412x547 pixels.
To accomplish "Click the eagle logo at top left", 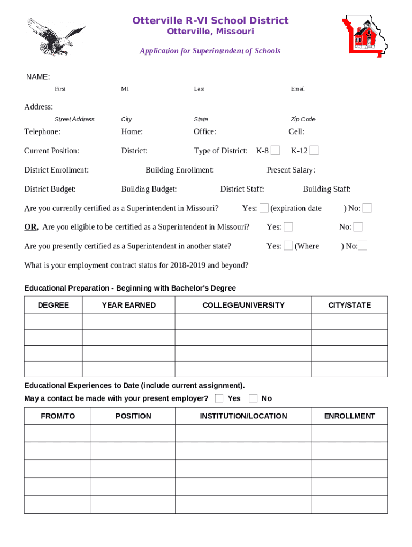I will coord(55,36).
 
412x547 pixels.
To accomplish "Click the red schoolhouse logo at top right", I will coord(365,36).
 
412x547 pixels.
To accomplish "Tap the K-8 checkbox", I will coord(275,151).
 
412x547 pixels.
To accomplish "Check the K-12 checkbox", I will coord(314,151).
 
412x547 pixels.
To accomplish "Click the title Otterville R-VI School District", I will coord(210,21).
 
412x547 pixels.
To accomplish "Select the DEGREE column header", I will coord(53,306).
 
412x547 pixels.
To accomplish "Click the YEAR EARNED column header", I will coord(128,306).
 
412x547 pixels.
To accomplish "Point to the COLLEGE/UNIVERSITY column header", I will coord(243,306).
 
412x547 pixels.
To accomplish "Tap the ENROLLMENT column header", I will coord(349,416).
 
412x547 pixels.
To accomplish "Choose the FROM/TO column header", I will coord(58,416).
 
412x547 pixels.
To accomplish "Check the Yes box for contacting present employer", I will coord(219,398).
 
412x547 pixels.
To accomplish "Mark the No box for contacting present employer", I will coord(254,398).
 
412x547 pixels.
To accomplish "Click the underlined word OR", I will coord(31,227).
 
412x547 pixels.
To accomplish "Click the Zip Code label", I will coord(303,119).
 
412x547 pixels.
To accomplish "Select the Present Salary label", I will coord(291,170).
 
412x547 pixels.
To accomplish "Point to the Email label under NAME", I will coord(297,89).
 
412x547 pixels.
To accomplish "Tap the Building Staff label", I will coord(327,189).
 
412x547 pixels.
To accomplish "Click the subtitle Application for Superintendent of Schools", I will coord(210,51).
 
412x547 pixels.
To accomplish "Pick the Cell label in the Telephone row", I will coord(296,132).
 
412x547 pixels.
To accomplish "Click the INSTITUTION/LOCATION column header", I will coord(243,416).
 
